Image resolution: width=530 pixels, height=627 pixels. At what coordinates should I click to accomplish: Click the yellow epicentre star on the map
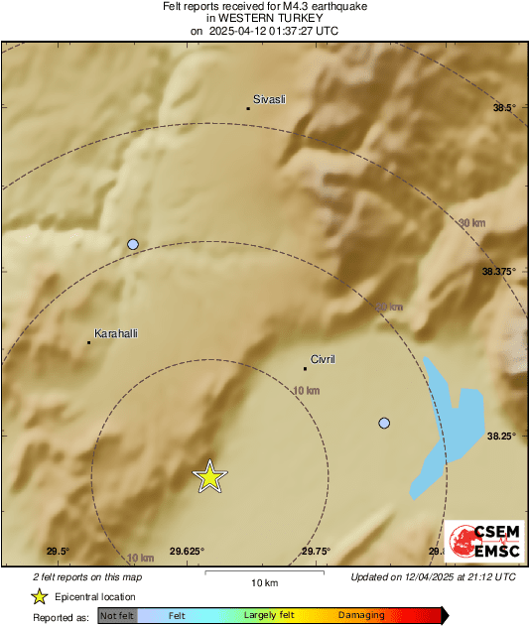click(209, 477)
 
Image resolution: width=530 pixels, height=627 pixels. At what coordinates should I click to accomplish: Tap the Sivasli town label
click(270, 99)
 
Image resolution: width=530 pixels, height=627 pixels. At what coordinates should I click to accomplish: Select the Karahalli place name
click(115, 333)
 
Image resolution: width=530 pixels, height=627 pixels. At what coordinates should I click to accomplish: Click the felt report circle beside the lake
click(384, 424)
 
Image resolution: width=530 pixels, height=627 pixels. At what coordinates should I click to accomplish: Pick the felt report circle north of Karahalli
click(133, 244)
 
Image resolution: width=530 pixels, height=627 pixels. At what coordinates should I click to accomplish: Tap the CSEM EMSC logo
click(479, 544)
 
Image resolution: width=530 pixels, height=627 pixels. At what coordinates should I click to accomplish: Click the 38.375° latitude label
click(498, 271)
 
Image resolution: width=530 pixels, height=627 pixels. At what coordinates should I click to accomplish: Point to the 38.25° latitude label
click(501, 436)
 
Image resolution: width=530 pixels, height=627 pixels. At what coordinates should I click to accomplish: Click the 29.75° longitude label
click(316, 552)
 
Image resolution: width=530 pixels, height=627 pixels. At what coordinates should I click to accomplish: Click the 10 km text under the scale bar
click(263, 582)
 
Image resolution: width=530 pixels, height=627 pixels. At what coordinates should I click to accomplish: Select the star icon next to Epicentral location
click(39, 596)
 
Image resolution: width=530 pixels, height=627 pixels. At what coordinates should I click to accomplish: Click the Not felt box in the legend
click(117, 615)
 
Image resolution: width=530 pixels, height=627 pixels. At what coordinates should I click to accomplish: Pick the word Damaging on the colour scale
click(361, 615)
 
